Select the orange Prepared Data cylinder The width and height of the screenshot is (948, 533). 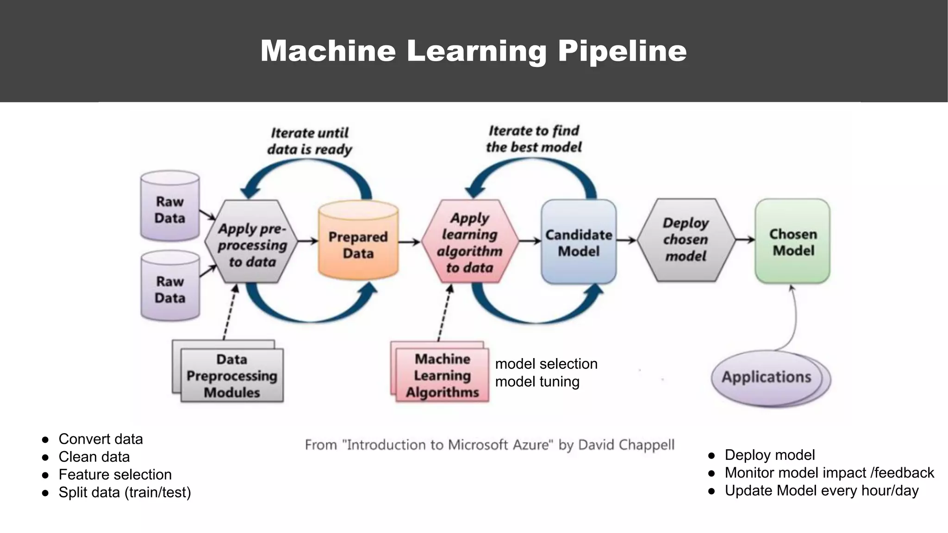358,243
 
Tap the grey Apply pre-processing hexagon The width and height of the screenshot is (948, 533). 252,242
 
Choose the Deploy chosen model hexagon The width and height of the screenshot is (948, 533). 686,240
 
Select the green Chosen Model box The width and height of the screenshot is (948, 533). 792,242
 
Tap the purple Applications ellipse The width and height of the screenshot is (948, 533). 767,377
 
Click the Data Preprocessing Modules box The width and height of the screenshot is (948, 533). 231,376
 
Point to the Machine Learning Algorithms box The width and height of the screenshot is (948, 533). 442,375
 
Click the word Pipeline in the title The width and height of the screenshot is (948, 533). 622,50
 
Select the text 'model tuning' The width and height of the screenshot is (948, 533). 537,382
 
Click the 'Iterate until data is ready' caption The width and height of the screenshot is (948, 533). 309,141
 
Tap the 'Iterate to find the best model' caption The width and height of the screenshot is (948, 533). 534,139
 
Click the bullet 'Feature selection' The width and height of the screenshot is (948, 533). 115,474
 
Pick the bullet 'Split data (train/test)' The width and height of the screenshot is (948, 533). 125,492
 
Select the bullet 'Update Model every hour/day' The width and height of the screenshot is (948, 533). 821,490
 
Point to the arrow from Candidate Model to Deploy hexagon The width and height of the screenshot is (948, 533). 626,240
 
